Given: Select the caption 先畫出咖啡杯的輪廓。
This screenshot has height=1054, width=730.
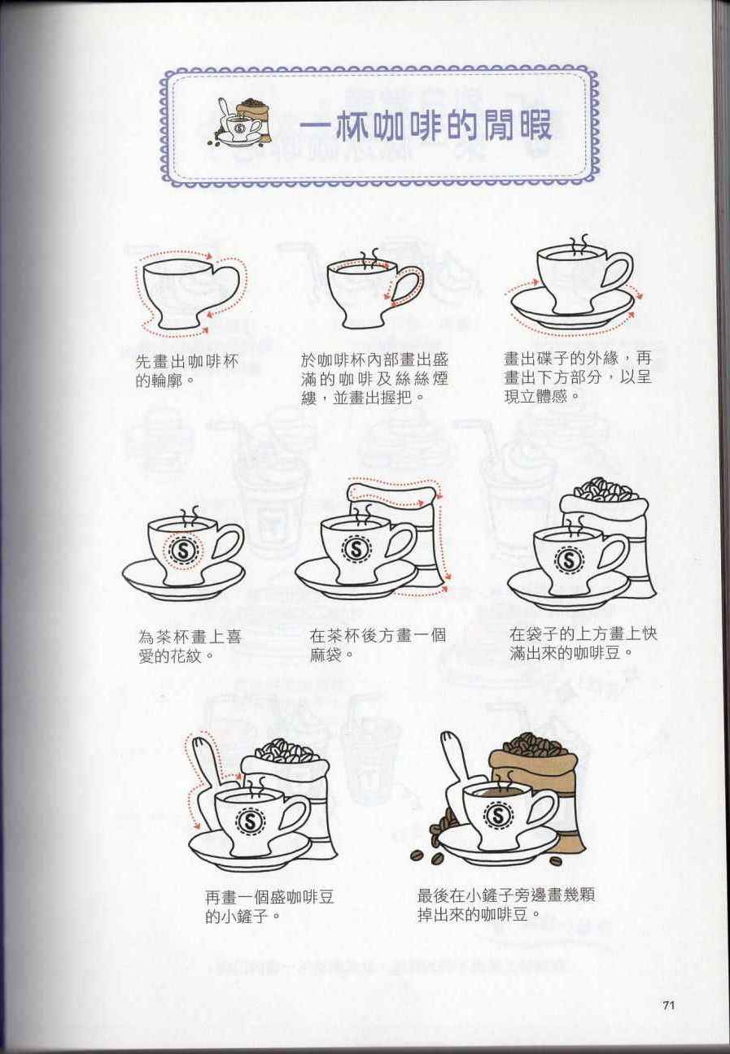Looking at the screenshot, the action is [187, 370].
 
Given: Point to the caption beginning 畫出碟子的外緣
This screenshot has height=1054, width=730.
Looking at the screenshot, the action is [577, 377].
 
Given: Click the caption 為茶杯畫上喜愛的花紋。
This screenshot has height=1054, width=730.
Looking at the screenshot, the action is [190, 646].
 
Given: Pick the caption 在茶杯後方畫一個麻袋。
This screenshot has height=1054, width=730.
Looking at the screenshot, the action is [378, 645].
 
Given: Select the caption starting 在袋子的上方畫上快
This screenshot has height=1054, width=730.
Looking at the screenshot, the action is [583, 643].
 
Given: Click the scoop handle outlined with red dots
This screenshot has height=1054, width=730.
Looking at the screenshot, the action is [208, 762].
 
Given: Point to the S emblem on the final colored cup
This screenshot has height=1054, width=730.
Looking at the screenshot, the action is [498, 816].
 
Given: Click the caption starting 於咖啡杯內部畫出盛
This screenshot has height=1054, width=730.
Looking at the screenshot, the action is [375, 379].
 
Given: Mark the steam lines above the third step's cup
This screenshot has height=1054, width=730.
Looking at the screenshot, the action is [579, 244].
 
